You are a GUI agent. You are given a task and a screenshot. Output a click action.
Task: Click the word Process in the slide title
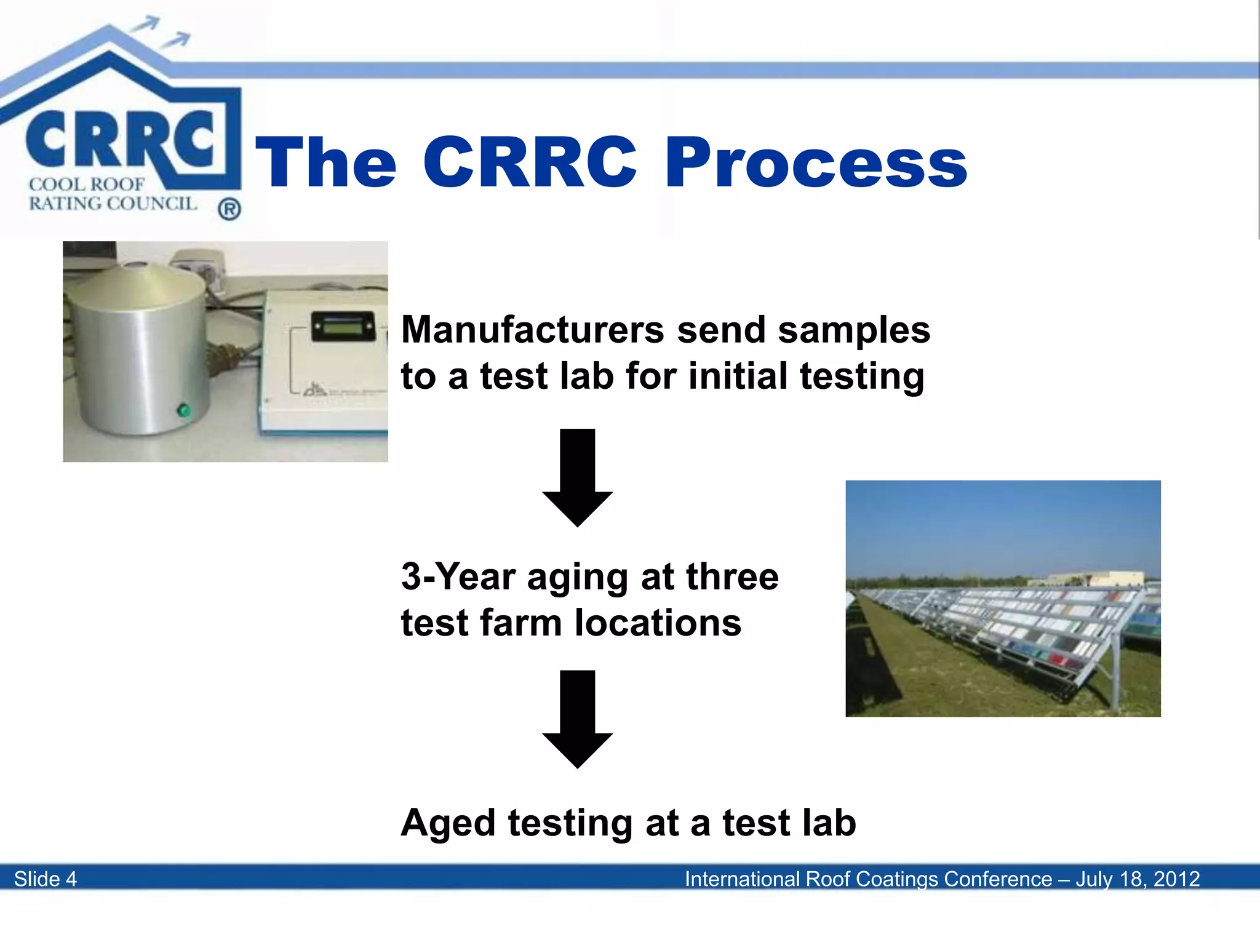pyautogui.click(x=816, y=163)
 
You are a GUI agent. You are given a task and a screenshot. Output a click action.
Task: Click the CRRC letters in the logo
pyautogui.click(x=120, y=140)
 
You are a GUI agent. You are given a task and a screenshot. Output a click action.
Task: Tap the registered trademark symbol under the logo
pyautogui.click(x=229, y=210)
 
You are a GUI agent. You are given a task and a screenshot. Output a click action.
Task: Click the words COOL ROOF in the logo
pyautogui.click(x=87, y=184)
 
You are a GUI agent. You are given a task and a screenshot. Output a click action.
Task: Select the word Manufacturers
pyautogui.click(x=532, y=330)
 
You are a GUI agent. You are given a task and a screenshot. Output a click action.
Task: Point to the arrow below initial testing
pyautogui.click(x=577, y=477)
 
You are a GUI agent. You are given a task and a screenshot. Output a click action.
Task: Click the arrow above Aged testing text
pyautogui.click(x=577, y=719)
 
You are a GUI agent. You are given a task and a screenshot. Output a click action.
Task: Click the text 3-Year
pyautogui.click(x=458, y=577)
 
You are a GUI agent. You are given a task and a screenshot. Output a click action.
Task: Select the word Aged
pyautogui.click(x=448, y=823)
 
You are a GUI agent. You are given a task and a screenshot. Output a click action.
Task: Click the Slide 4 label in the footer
pyautogui.click(x=46, y=879)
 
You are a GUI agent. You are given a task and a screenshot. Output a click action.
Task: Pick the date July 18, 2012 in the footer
pyautogui.click(x=1138, y=879)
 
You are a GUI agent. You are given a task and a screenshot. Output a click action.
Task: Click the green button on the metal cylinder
pyautogui.click(x=183, y=410)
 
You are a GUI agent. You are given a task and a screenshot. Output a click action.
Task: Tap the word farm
pyautogui.click(x=521, y=623)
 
